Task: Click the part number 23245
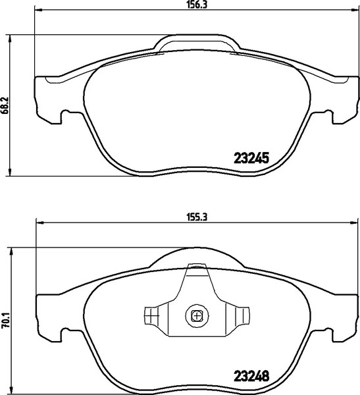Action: click(x=253, y=158)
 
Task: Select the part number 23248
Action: click(x=253, y=379)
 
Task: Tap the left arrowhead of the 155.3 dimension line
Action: click(x=38, y=223)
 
